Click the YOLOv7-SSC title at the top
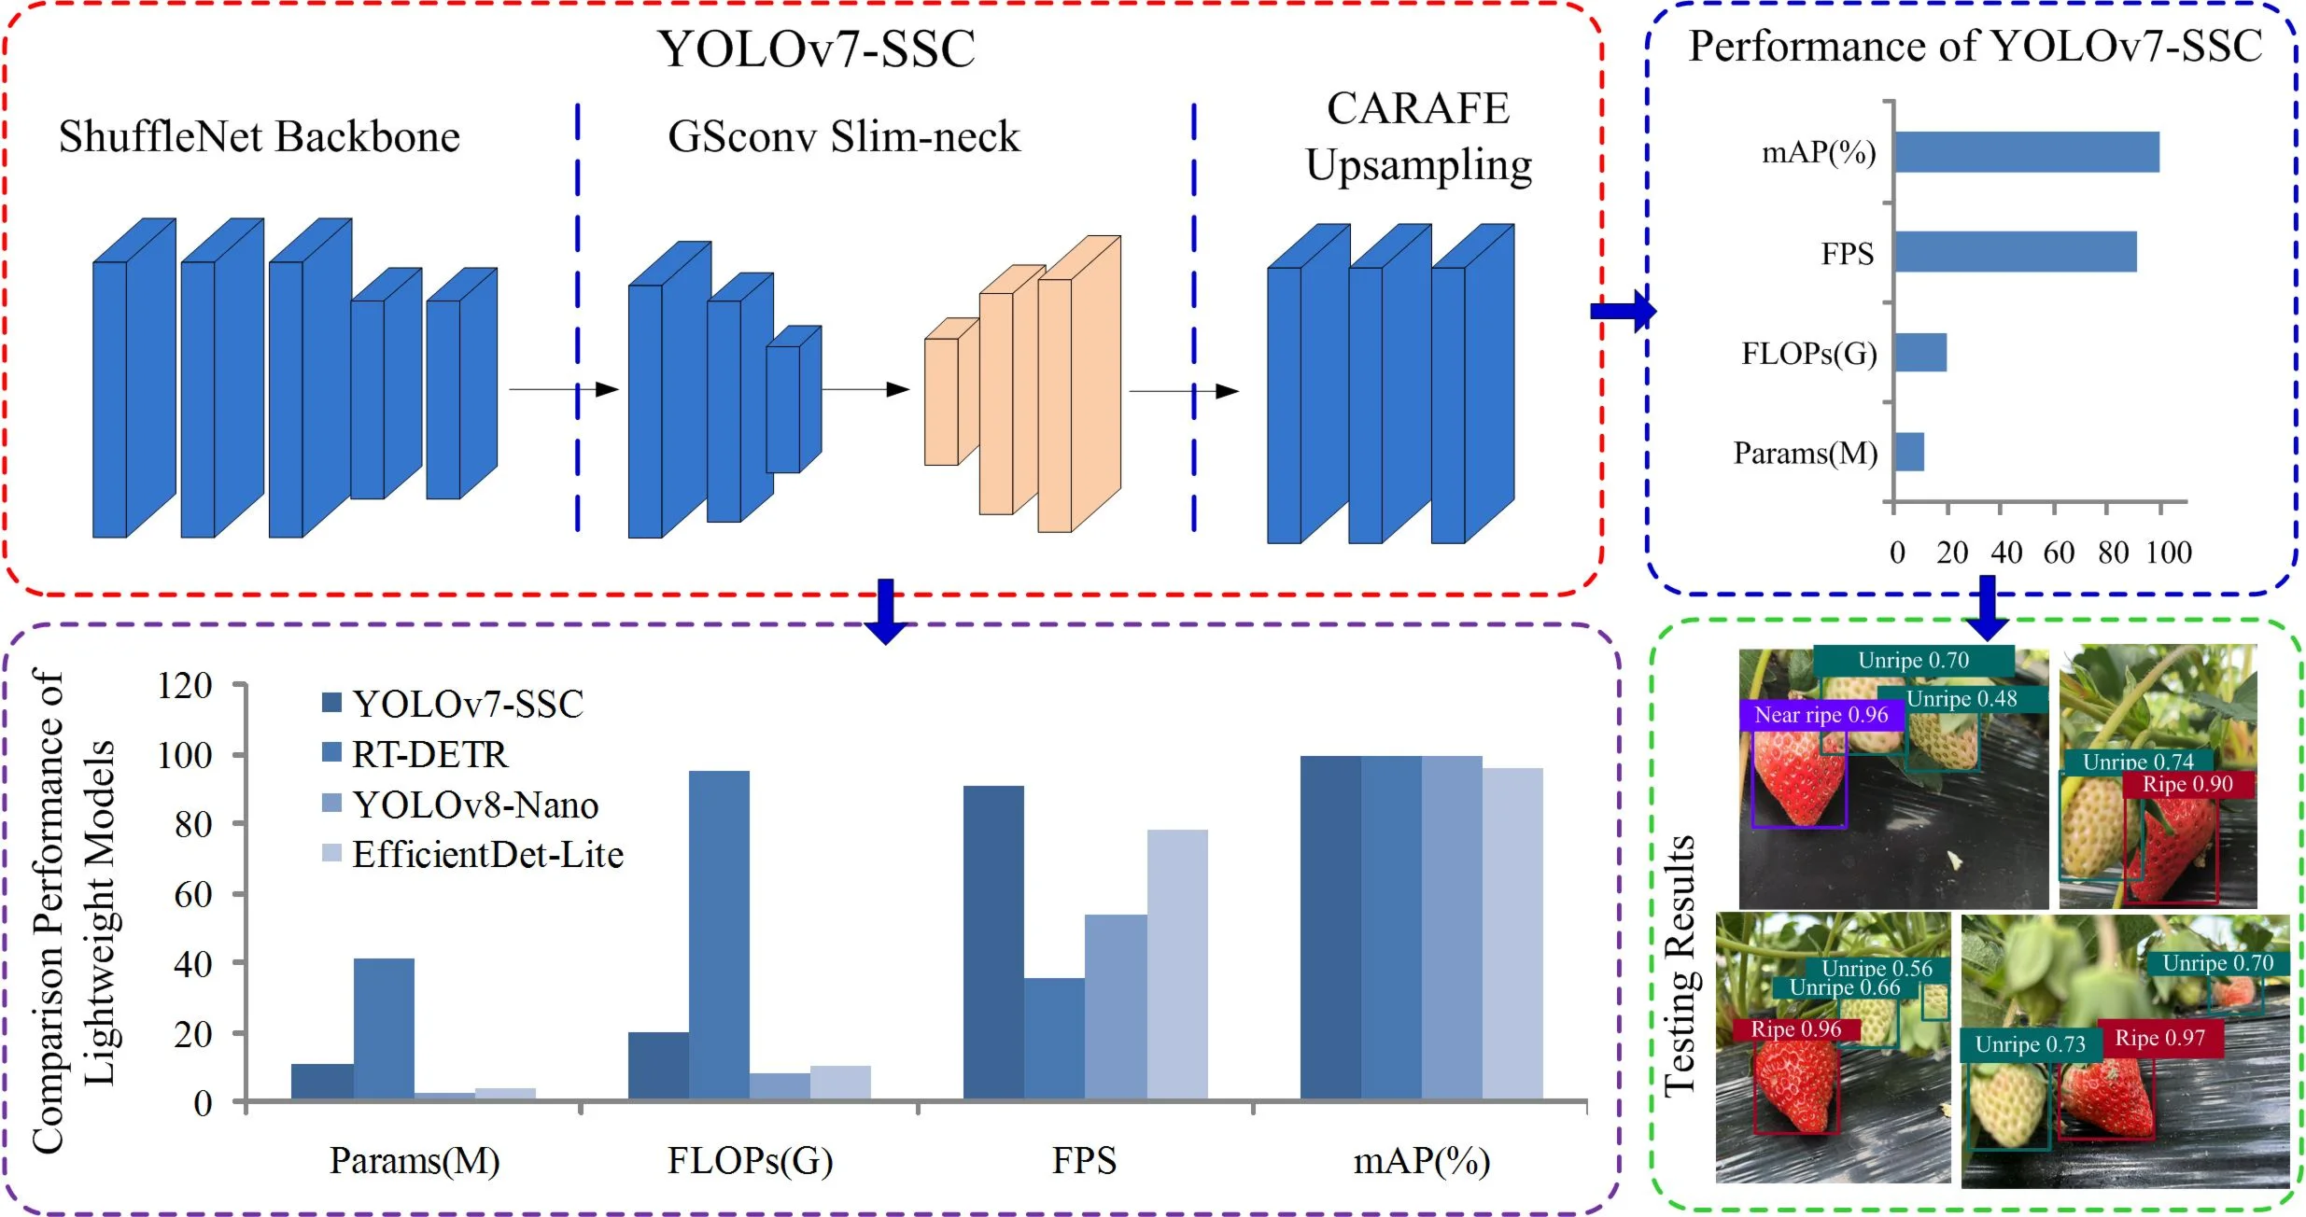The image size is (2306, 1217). point(816,49)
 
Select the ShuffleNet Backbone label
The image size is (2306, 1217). point(259,137)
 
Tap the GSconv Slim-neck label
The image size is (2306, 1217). point(844,137)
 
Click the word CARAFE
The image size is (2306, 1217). point(1417,108)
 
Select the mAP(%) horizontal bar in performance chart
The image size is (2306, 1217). point(2026,152)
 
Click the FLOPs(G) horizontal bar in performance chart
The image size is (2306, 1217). point(1919,353)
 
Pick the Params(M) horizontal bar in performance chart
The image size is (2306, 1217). point(1908,453)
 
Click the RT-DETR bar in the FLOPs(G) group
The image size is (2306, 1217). point(718,933)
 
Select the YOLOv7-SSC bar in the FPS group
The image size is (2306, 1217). point(992,943)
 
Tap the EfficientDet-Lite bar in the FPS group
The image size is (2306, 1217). point(1176,963)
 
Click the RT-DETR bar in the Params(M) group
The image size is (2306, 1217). point(383,1028)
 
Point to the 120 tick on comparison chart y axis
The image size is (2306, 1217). point(185,686)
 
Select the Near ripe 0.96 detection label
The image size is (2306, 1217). point(1821,716)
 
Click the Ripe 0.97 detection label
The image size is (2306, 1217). point(2159,1038)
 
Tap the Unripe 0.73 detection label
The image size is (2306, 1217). point(2030,1044)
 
